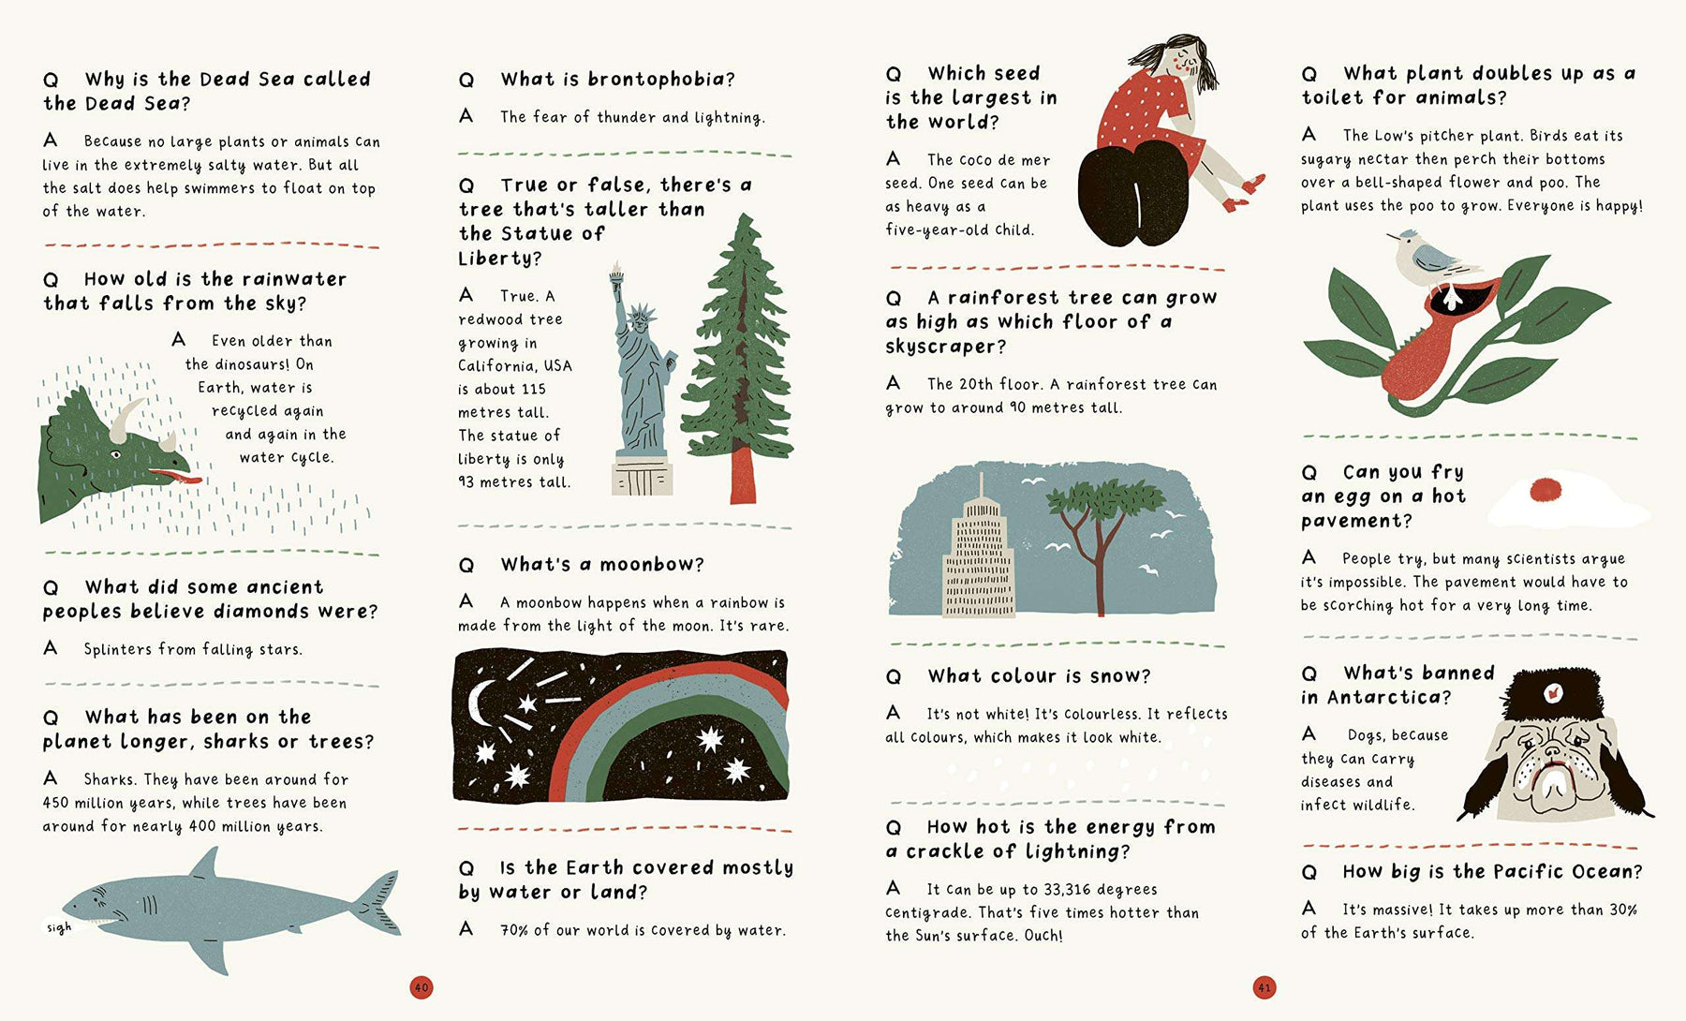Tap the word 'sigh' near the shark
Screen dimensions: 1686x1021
59,927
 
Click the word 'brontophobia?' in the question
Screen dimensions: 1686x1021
661,80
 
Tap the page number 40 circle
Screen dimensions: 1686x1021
421,986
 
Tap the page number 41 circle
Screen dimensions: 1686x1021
1264,986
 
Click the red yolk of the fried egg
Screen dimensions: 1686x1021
1545,489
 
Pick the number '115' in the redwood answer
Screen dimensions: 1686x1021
533,389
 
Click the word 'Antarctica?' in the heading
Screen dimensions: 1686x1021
1389,697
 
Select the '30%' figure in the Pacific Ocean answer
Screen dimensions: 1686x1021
1621,910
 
